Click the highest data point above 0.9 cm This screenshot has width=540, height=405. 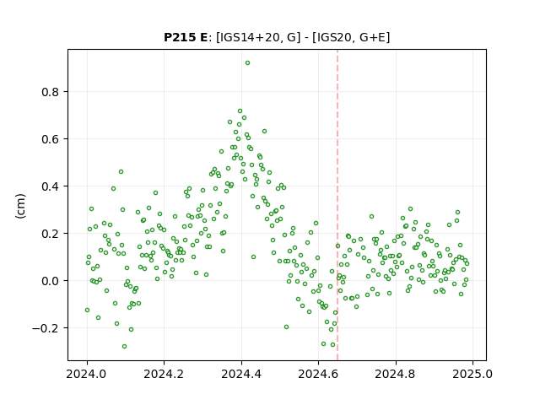click(247, 63)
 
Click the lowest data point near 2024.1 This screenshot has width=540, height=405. click(124, 346)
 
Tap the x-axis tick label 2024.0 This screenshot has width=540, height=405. click(87, 374)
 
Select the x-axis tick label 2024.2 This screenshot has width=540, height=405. click(165, 374)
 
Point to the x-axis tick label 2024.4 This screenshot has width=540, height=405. click(241, 374)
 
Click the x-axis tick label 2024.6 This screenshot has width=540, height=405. click(319, 374)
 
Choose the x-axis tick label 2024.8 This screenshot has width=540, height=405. click(396, 374)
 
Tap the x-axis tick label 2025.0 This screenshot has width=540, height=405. click(472, 374)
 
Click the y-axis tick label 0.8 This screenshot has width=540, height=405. click(51, 92)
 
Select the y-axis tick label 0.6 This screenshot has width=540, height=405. click(51, 139)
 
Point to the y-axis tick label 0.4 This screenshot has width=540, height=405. click(51, 186)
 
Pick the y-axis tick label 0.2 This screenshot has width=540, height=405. click(51, 234)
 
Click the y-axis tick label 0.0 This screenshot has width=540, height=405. click(51, 281)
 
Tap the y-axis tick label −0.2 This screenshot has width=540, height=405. click(46, 328)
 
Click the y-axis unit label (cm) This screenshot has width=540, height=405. click(20, 206)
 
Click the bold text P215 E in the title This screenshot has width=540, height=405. click(186, 37)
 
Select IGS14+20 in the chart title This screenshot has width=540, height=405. click(249, 37)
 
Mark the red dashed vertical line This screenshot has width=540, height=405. click(337, 205)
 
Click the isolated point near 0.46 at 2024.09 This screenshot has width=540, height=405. click(121, 171)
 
